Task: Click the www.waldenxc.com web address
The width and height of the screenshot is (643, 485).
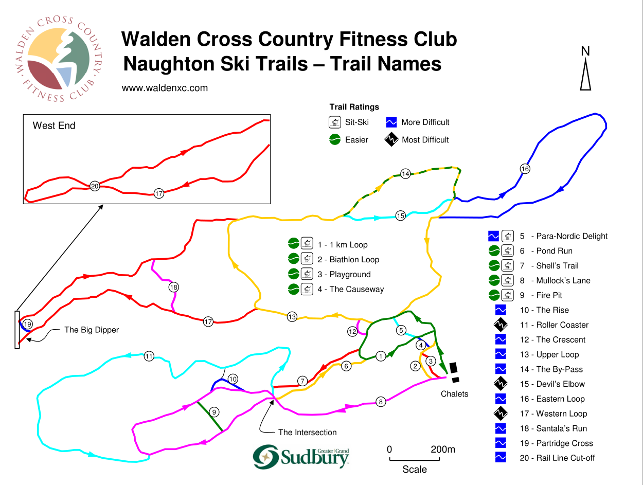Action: click(x=165, y=88)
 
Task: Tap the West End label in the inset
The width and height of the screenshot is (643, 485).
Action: click(x=54, y=125)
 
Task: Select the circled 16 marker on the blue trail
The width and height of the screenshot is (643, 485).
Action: click(x=525, y=169)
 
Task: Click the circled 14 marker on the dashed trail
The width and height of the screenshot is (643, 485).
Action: click(x=405, y=174)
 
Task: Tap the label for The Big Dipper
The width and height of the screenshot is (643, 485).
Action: click(x=92, y=330)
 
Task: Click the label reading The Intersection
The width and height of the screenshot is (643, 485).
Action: click(x=308, y=432)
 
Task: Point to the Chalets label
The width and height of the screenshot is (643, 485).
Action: click(x=455, y=394)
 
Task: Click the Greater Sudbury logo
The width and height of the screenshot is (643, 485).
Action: click(x=301, y=456)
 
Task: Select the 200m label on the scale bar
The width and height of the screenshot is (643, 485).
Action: click(x=443, y=450)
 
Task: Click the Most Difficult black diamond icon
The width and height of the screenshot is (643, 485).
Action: click(x=392, y=139)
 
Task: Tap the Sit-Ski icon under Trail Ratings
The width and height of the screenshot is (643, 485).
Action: click(x=335, y=122)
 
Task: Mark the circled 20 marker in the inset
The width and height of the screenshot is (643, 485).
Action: click(x=95, y=186)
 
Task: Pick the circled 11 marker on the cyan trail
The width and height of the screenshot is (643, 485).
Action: click(x=149, y=356)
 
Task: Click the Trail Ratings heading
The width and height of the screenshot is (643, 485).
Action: click(x=354, y=107)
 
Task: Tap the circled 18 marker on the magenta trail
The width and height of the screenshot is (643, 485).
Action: click(x=173, y=288)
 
